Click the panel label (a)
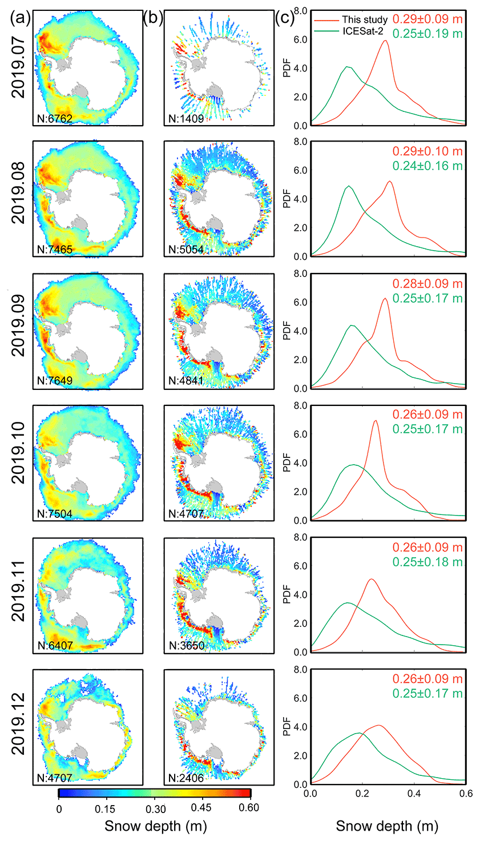20,18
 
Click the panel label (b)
153,18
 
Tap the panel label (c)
285,18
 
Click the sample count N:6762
55,119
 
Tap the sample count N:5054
186,250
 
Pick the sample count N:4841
186,381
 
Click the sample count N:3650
186,646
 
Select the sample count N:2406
186,778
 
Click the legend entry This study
365,20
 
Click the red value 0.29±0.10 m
427,152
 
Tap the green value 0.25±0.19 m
427,34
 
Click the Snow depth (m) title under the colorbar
155,826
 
